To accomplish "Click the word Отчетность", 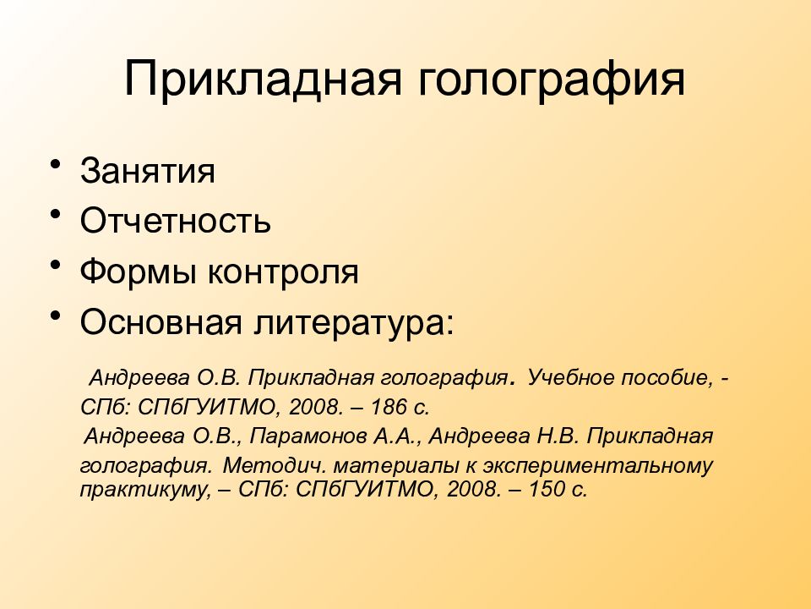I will pos(176,221).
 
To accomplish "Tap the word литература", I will pos(347,322).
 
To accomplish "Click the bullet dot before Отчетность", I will pos(57,216).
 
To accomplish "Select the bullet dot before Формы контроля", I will pos(57,266).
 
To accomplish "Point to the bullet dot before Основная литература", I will pos(57,317).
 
